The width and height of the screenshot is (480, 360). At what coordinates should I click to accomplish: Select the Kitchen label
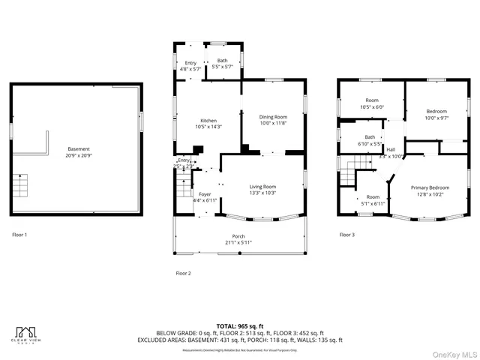click(x=208, y=124)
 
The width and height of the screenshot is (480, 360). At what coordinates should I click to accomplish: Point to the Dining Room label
click(x=273, y=120)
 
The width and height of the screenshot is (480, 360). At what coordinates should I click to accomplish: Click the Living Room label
click(x=262, y=189)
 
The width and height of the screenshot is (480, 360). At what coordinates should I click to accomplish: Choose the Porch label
click(x=238, y=238)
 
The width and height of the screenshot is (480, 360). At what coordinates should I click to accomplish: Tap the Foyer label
click(x=205, y=197)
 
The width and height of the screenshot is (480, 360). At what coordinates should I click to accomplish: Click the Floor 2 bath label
click(x=223, y=64)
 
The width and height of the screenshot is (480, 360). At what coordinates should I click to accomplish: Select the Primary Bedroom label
click(x=430, y=190)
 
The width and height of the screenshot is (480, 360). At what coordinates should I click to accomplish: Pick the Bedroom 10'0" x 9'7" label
click(x=436, y=115)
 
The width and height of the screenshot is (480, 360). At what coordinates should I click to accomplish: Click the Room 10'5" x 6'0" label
click(x=372, y=103)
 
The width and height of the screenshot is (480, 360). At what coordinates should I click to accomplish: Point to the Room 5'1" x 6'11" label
click(x=373, y=200)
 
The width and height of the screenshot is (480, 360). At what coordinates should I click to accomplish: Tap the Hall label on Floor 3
click(x=391, y=152)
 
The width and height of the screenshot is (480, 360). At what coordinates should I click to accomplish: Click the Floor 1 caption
click(x=19, y=235)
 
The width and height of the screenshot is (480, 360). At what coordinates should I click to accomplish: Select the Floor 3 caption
click(x=347, y=235)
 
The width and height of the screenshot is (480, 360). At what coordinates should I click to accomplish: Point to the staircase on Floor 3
click(x=346, y=175)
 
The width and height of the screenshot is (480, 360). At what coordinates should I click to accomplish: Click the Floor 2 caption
click(x=184, y=274)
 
